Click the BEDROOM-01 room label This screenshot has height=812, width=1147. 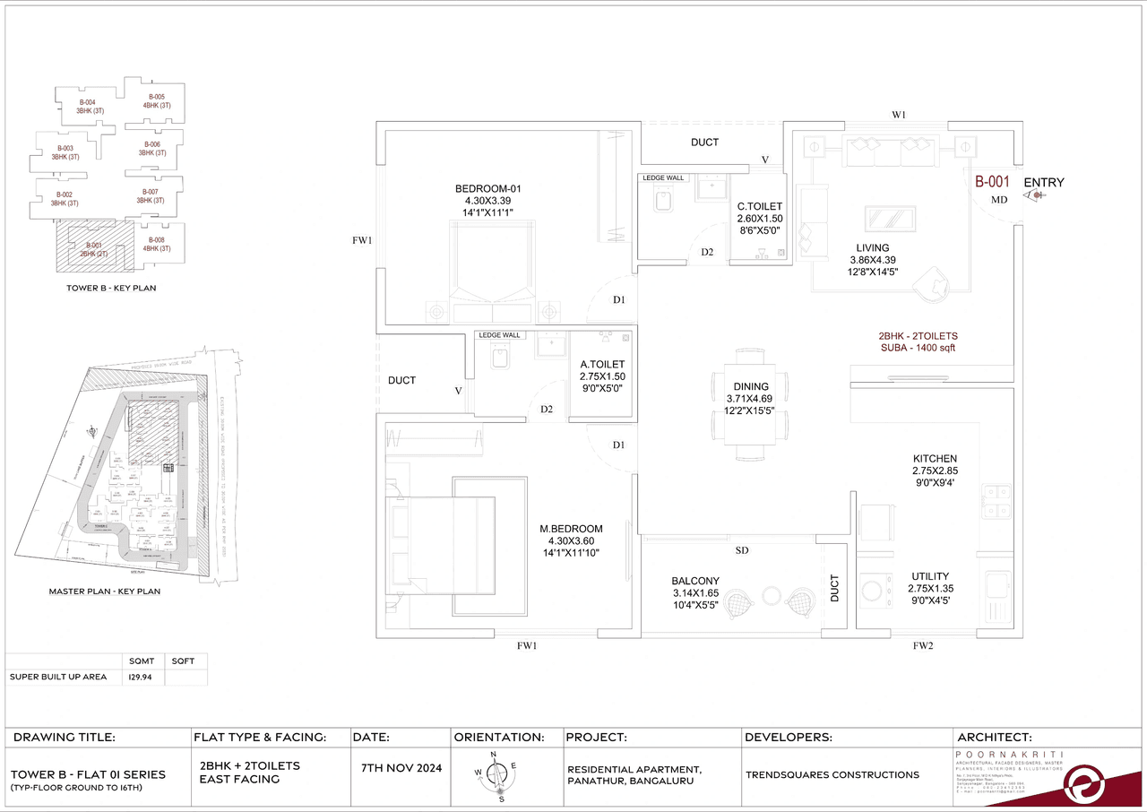tap(487, 188)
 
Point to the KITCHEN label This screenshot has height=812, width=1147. tap(935, 459)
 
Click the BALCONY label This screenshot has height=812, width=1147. tap(694, 581)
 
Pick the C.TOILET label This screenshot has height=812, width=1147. tap(760, 206)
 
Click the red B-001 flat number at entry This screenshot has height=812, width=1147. tap(992, 182)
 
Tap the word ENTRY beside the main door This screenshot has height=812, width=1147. tap(1044, 183)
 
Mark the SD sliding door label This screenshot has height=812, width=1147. tap(741, 550)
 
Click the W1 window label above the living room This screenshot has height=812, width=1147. tap(899, 115)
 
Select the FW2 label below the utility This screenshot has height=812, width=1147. tap(923, 645)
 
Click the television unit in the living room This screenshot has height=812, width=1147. tap(890, 220)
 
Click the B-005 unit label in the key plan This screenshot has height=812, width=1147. tap(154, 97)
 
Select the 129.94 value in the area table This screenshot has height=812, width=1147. tap(140, 677)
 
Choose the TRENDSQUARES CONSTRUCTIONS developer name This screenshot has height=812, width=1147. tap(832, 774)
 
